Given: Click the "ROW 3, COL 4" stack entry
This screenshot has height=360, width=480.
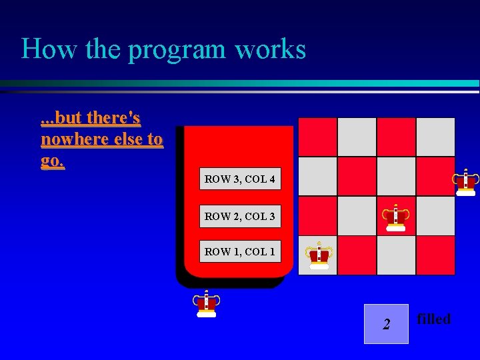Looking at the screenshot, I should pyautogui.click(x=240, y=179).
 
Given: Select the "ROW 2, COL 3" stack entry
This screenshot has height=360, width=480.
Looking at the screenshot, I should pyautogui.click(x=240, y=216).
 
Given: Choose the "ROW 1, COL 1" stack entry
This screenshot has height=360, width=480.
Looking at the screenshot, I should pyautogui.click(x=240, y=251).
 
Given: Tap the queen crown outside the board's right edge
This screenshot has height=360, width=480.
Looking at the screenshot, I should pyautogui.click(x=465, y=181).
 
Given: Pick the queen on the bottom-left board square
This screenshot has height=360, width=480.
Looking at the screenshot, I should pyautogui.click(x=319, y=255).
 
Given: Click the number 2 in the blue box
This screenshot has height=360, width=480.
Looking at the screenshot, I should pyautogui.click(x=386, y=325).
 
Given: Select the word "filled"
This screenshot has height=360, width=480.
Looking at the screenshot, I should pyautogui.click(x=434, y=319).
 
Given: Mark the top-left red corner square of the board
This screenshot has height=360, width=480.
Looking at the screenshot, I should pyautogui.click(x=317, y=137).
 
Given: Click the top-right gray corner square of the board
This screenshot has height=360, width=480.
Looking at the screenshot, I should pyautogui.click(x=435, y=137).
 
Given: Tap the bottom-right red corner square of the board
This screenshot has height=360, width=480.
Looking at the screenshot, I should pyautogui.click(x=435, y=255).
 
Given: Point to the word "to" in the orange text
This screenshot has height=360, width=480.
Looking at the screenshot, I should pyautogui.click(x=154, y=139).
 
